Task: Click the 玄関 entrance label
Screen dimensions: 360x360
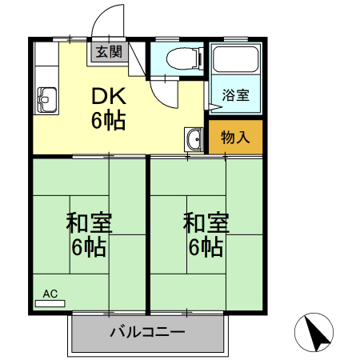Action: tap(110, 53)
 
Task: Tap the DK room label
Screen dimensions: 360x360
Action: tap(108, 96)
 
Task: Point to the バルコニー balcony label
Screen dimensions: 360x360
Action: tap(148, 331)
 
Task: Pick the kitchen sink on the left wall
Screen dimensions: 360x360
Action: tap(45, 99)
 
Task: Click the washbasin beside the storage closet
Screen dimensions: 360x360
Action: tap(194, 139)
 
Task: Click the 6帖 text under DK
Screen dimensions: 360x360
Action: tap(108, 122)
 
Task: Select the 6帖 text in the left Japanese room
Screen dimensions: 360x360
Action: tap(89, 247)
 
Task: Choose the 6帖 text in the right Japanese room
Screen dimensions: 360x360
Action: tap(206, 247)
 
